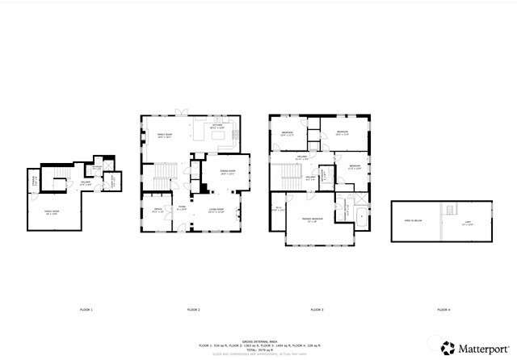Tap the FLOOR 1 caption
(x=86, y=310)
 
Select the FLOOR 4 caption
(x=443, y=310)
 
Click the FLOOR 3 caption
(x=317, y=310)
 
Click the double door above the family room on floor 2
(x=182, y=114)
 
